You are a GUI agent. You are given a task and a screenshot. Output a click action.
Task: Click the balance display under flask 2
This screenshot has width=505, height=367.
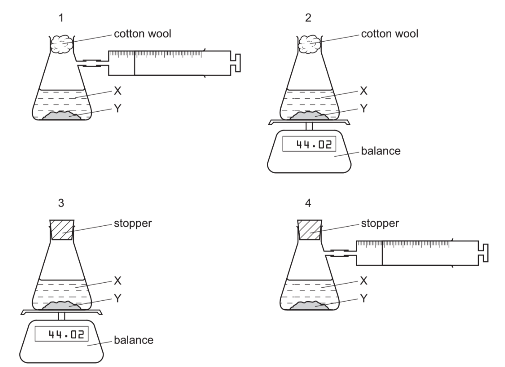coord(309,146)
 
